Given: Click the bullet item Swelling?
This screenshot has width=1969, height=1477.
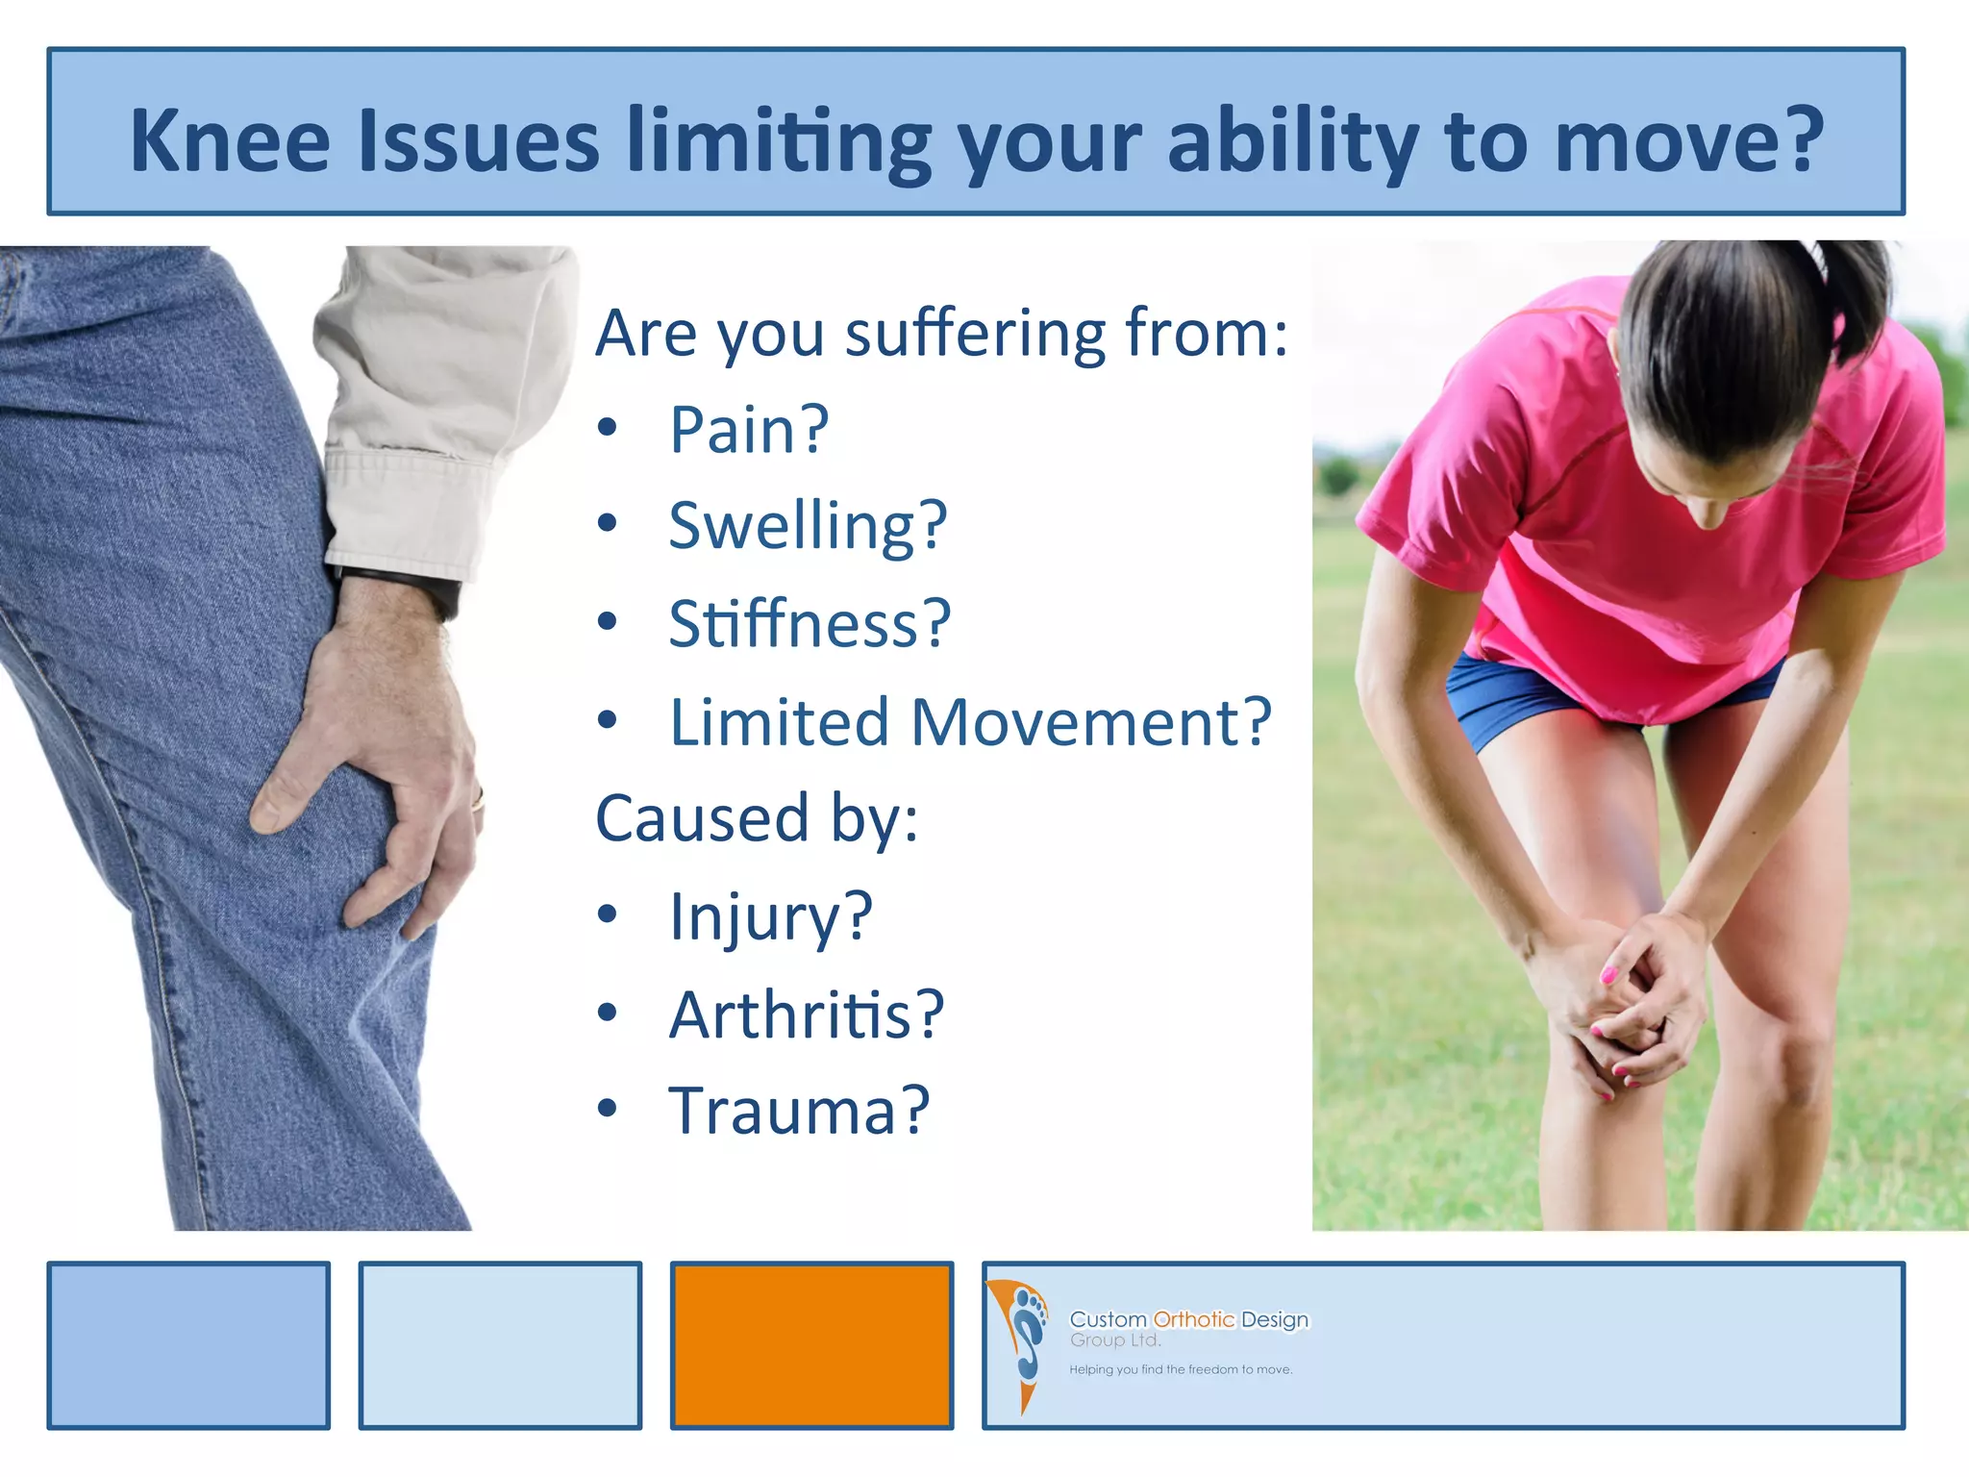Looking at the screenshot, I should (x=808, y=526).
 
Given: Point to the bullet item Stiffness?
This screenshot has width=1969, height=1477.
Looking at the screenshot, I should (x=810, y=624).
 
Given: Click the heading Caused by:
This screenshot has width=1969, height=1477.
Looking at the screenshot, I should (x=757, y=818).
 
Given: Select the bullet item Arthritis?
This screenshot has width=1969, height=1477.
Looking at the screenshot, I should (x=807, y=1014).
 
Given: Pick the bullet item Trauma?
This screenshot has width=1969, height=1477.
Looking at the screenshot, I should (x=799, y=1111).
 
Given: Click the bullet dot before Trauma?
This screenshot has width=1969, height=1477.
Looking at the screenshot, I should (x=607, y=1109).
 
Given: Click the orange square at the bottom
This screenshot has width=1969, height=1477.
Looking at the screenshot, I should (x=811, y=1345).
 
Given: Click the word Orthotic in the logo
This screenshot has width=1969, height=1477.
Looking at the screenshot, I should (x=1193, y=1319).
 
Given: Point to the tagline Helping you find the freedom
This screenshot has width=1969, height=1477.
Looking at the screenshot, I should (x=1180, y=1369).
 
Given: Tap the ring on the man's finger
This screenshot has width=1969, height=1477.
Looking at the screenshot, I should (x=477, y=798).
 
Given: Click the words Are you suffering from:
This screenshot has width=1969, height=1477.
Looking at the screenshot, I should (x=940, y=333).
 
